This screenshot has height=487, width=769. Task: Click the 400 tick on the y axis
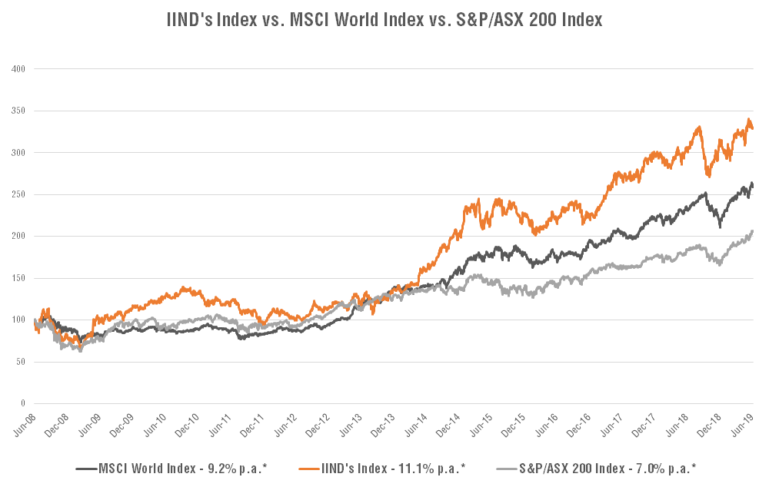pyautogui.click(x=19, y=69)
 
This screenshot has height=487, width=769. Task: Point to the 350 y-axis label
pyautogui.click(x=19, y=111)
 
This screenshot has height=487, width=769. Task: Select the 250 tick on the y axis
pyautogui.click(x=19, y=194)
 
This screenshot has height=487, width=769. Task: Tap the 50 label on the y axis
pyautogui.click(x=21, y=361)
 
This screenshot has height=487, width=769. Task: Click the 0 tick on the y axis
pyautogui.click(x=24, y=403)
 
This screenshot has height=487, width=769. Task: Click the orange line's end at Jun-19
pyautogui.click(x=752, y=128)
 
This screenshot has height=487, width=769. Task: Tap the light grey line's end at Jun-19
pyautogui.click(x=752, y=231)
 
